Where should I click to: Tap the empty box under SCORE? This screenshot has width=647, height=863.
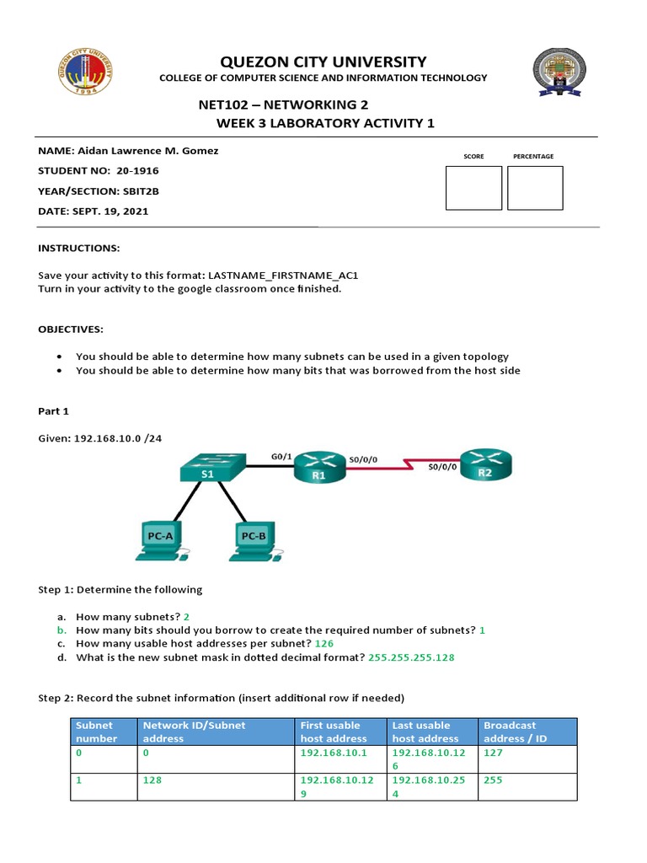(x=473, y=187)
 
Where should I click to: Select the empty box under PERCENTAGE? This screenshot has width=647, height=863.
(x=535, y=187)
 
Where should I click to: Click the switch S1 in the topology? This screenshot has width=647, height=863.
(x=211, y=466)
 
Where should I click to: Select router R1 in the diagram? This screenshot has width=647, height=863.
(x=318, y=465)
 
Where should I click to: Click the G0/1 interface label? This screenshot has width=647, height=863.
(x=282, y=456)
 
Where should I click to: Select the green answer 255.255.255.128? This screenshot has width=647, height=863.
(x=411, y=657)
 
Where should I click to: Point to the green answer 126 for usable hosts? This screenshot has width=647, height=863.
(x=324, y=643)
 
